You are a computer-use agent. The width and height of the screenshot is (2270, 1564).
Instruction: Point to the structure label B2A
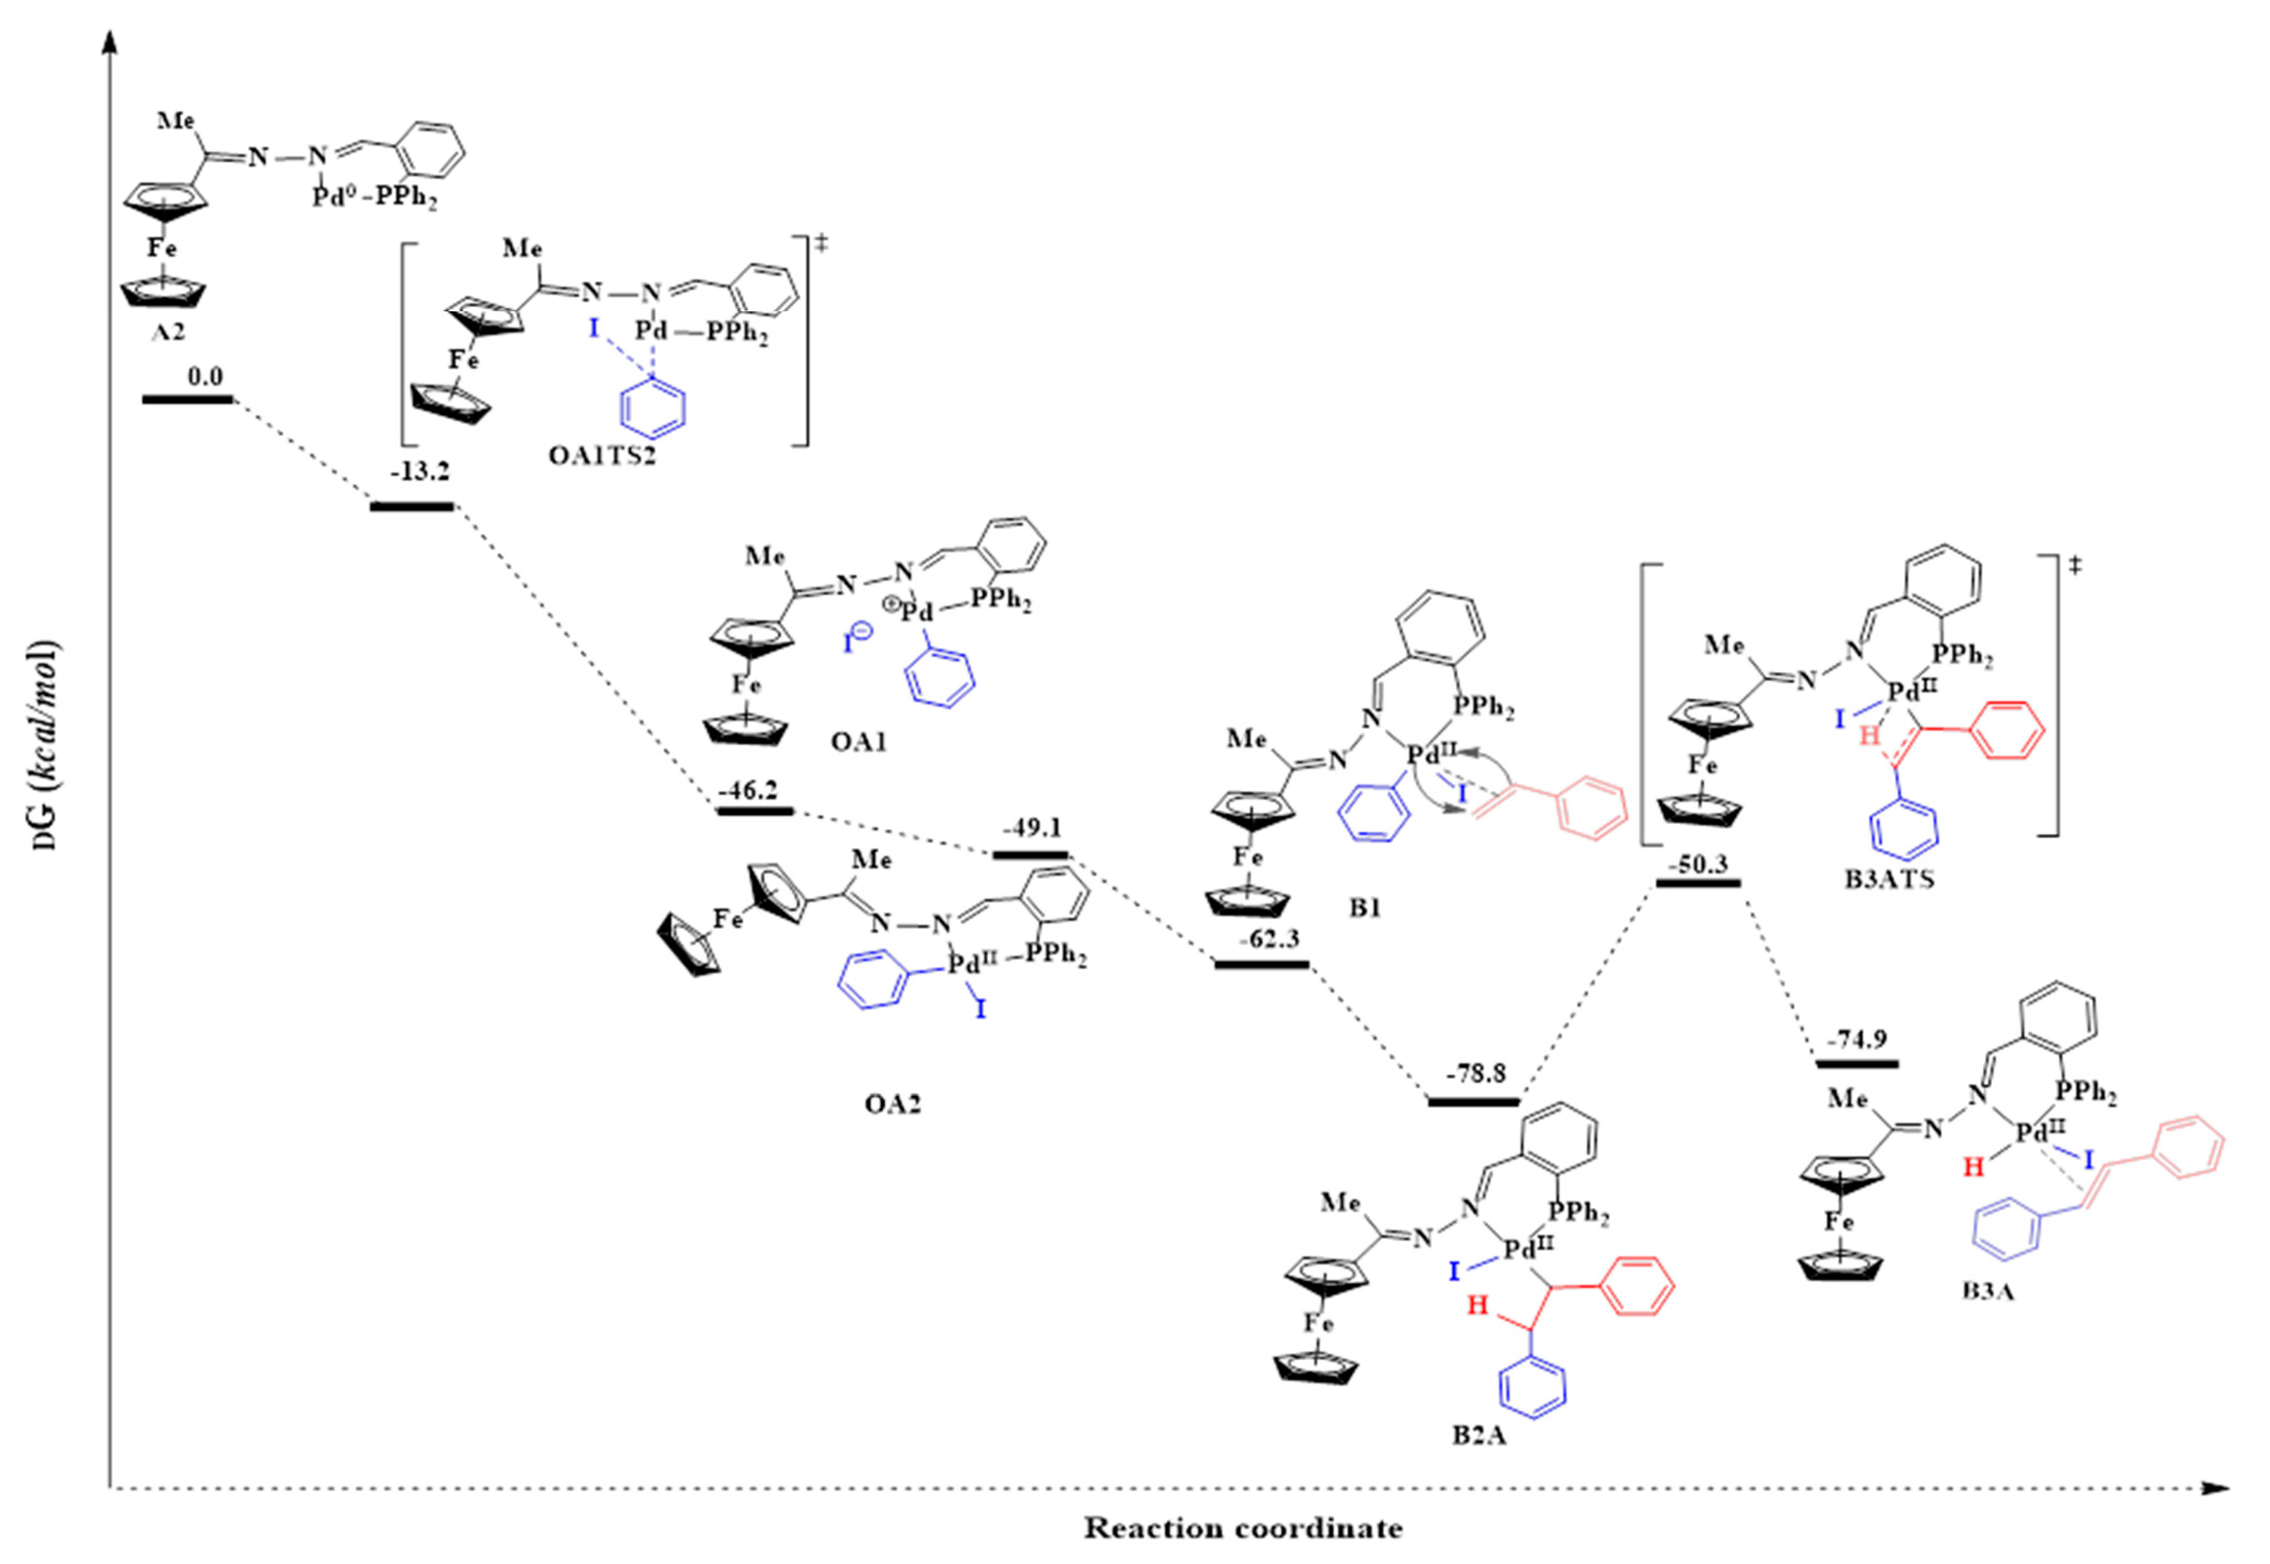[x=1479, y=1437]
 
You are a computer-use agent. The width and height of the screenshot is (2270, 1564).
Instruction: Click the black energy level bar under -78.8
[x=1473, y=1101]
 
